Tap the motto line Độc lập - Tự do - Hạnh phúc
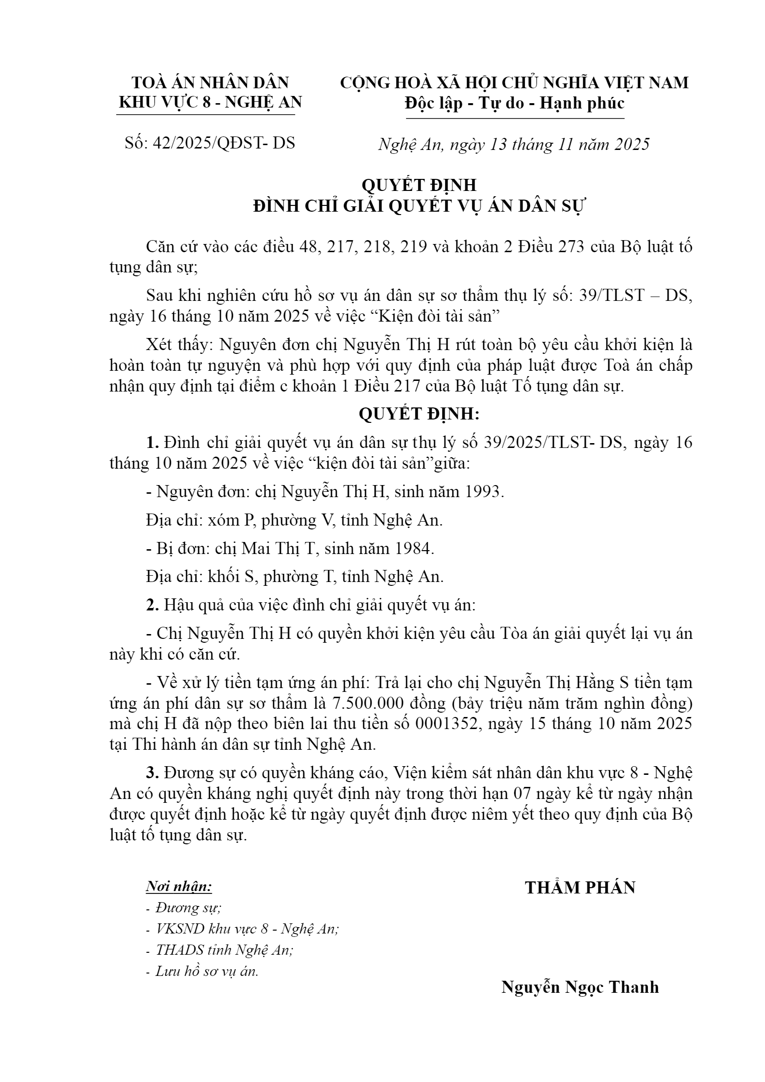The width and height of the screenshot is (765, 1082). tap(515, 103)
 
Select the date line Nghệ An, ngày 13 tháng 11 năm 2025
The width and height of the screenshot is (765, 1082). tap(514, 144)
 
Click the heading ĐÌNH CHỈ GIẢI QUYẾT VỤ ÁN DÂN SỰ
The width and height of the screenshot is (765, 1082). tap(419, 206)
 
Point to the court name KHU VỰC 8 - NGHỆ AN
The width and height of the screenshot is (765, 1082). tap(210, 102)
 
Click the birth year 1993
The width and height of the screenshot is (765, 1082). tap(484, 492)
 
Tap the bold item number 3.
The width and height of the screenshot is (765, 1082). tap(153, 772)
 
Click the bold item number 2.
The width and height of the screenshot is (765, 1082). tap(153, 605)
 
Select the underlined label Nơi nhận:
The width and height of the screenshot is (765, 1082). tap(179, 886)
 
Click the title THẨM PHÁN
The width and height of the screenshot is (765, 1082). tap(580, 888)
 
